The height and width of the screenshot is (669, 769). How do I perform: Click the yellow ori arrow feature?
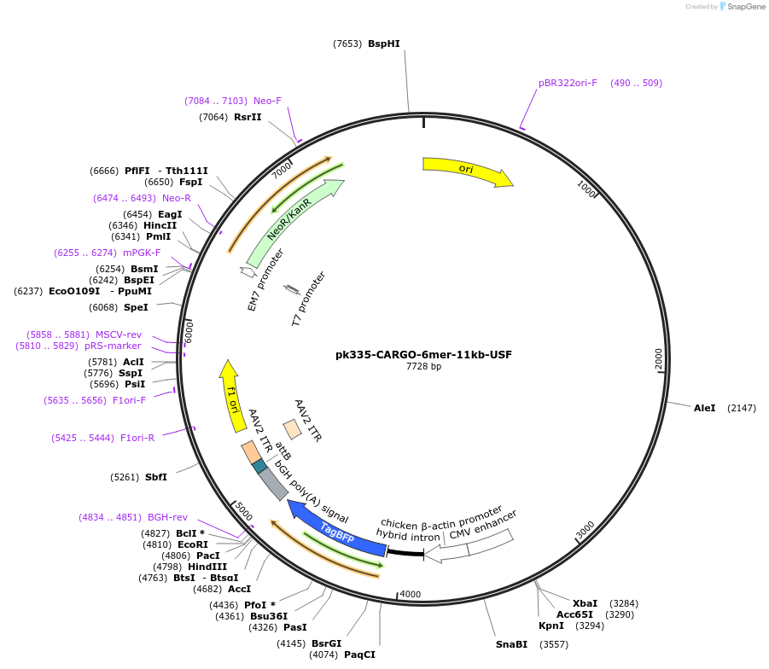pyautogui.click(x=466, y=170)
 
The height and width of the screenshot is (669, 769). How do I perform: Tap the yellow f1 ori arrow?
pyautogui.click(x=231, y=396)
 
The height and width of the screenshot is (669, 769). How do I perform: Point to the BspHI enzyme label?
pyautogui.click(x=384, y=44)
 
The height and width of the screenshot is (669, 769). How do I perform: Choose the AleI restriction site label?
pyautogui.click(x=705, y=408)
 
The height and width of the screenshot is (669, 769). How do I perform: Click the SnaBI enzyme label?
pyautogui.click(x=512, y=644)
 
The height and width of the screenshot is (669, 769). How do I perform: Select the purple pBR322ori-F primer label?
pyautogui.click(x=568, y=83)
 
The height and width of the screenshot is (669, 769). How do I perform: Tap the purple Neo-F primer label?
pyautogui.click(x=267, y=101)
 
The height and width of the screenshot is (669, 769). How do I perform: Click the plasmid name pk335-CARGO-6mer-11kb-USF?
pyautogui.click(x=423, y=354)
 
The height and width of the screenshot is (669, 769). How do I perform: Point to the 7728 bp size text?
pyautogui.click(x=423, y=367)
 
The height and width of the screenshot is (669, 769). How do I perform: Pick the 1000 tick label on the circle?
pyautogui.click(x=586, y=188)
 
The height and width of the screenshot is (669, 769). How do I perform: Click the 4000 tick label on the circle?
pyautogui.click(x=411, y=594)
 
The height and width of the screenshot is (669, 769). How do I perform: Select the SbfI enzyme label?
pyautogui.click(x=156, y=477)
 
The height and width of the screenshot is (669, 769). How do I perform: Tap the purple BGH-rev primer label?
pyautogui.click(x=167, y=517)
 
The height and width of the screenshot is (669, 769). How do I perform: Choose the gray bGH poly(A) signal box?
pyautogui.click(x=273, y=483)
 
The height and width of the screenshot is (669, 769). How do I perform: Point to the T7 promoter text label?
pyautogui.click(x=308, y=300)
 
